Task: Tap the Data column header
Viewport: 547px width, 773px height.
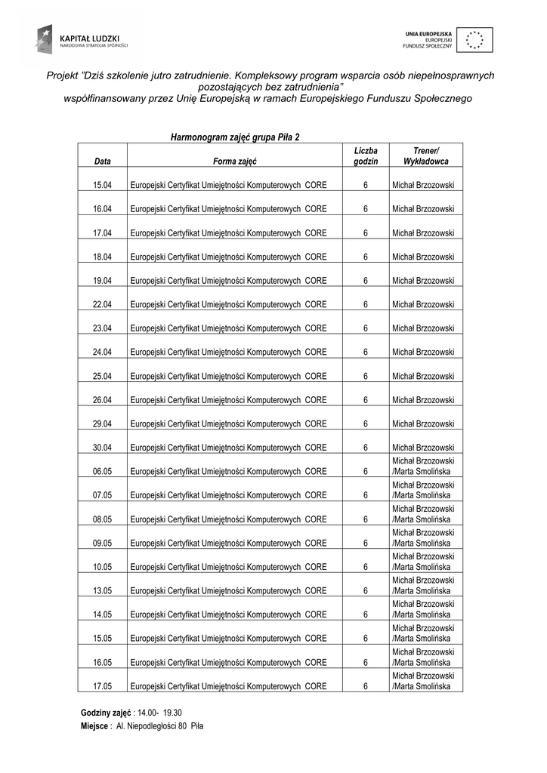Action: click(x=103, y=162)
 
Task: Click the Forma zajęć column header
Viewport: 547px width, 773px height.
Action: click(x=235, y=162)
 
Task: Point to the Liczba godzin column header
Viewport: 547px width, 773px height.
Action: click(x=365, y=156)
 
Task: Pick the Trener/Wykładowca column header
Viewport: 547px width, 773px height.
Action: click(x=425, y=156)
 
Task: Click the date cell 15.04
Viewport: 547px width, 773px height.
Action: click(x=103, y=185)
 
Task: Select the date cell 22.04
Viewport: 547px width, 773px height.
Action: click(x=103, y=304)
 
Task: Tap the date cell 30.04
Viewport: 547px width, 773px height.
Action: click(x=103, y=448)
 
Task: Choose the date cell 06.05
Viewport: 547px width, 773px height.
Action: click(x=103, y=472)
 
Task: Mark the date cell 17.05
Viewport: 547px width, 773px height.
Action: click(x=103, y=686)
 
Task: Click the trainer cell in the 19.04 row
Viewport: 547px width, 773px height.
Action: click(x=423, y=281)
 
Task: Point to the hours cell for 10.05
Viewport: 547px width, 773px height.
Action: click(x=365, y=567)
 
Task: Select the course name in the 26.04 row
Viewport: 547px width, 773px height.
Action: click(x=228, y=400)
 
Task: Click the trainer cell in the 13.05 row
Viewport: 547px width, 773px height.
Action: click(x=423, y=585)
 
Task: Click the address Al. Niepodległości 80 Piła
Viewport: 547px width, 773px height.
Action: click(x=159, y=725)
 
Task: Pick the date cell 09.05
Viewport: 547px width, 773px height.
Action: click(x=103, y=543)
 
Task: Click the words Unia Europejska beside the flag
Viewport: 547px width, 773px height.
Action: click(x=428, y=33)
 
